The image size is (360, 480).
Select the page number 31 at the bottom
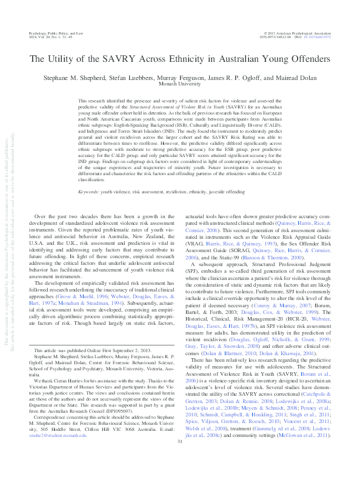[180, 459]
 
